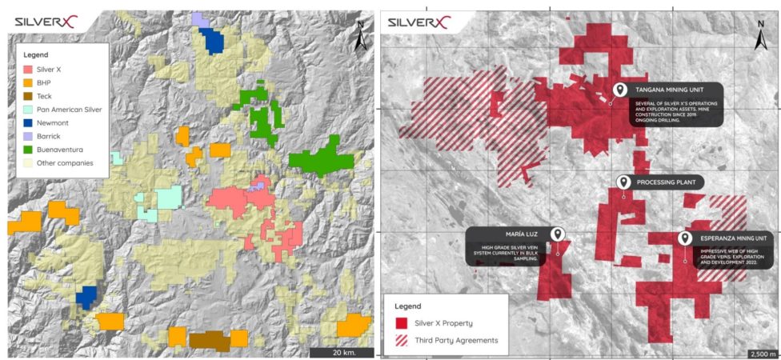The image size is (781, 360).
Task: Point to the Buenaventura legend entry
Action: coord(59,149)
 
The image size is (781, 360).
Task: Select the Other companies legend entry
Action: coord(63,162)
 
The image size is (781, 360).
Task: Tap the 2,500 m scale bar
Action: coord(761,352)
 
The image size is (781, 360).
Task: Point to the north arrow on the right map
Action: coord(761,35)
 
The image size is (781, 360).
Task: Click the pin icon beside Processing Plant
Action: coord(623,182)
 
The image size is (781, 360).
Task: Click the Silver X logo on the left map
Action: coord(49,22)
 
